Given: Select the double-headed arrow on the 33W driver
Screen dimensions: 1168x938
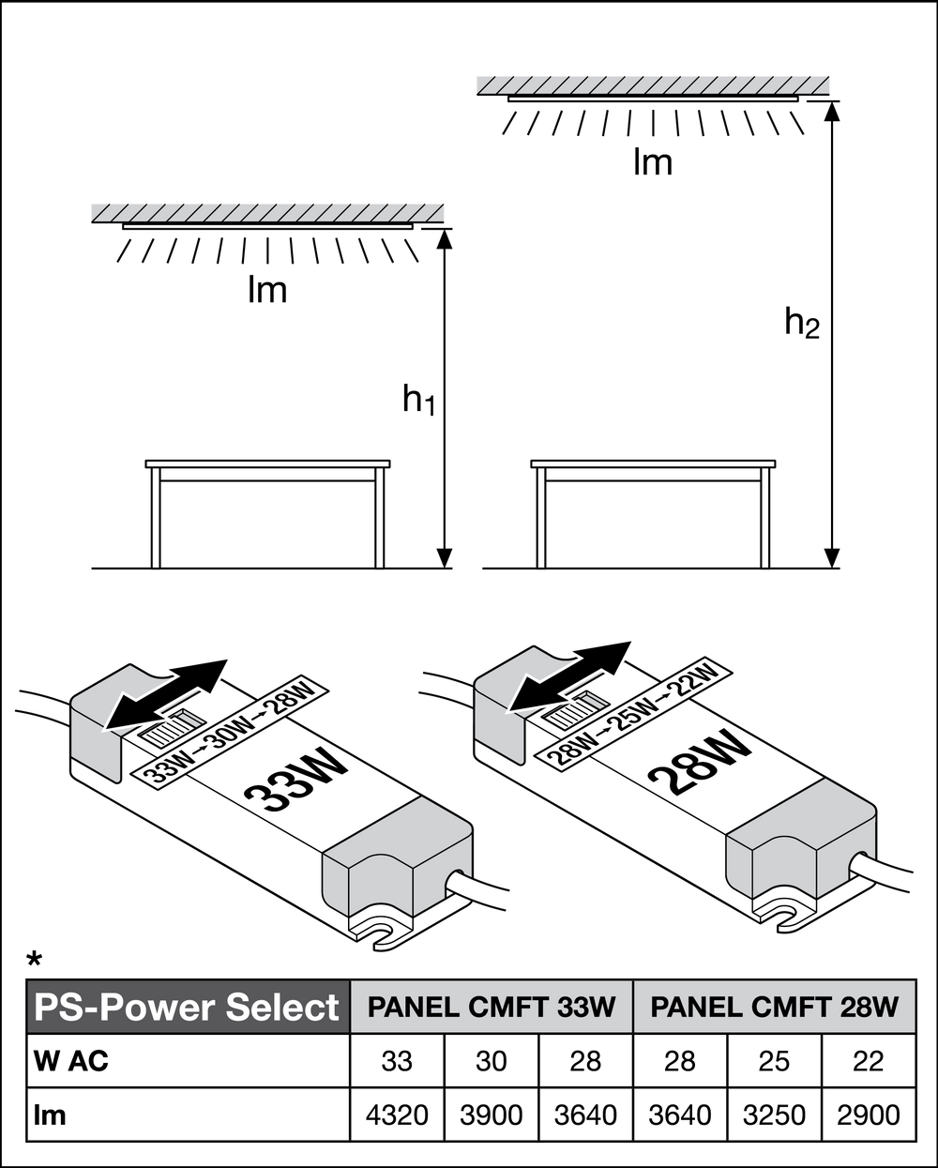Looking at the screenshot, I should (x=167, y=691).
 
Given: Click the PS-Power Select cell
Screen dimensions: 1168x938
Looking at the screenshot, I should (x=188, y=1007).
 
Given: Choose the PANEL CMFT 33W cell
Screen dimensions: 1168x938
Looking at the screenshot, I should (x=492, y=1007).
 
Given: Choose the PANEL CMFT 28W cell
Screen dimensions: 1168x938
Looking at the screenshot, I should (x=774, y=1007).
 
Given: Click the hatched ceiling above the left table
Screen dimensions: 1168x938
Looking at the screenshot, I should (x=267, y=211).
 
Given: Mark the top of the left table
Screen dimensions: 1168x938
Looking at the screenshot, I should (x=267, y=465).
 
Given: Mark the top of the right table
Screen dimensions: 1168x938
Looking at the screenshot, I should (x=654, y=465).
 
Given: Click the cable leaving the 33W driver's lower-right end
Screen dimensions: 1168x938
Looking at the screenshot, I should (x=483, y=890).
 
